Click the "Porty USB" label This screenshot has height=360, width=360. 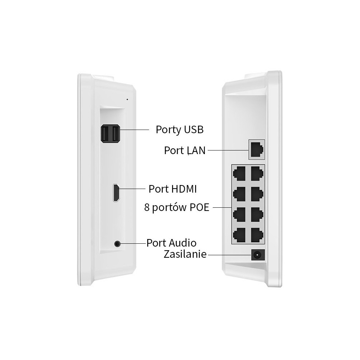[x=179, y=129]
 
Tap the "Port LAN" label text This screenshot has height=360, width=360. [x=185, y=150]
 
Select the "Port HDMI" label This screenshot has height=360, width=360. [x=172, y=189]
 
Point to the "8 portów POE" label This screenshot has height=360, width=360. [x=176, y=207]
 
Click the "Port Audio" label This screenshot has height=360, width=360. [x=171, y=242]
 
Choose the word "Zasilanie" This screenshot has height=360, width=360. [x=185, y=254]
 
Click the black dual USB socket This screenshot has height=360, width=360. [x=111, y=134]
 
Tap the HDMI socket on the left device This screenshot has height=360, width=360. [x=117, y=192]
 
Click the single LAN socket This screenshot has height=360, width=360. [x=257, y=149]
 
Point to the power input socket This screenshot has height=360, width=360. [x=257, y=255]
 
